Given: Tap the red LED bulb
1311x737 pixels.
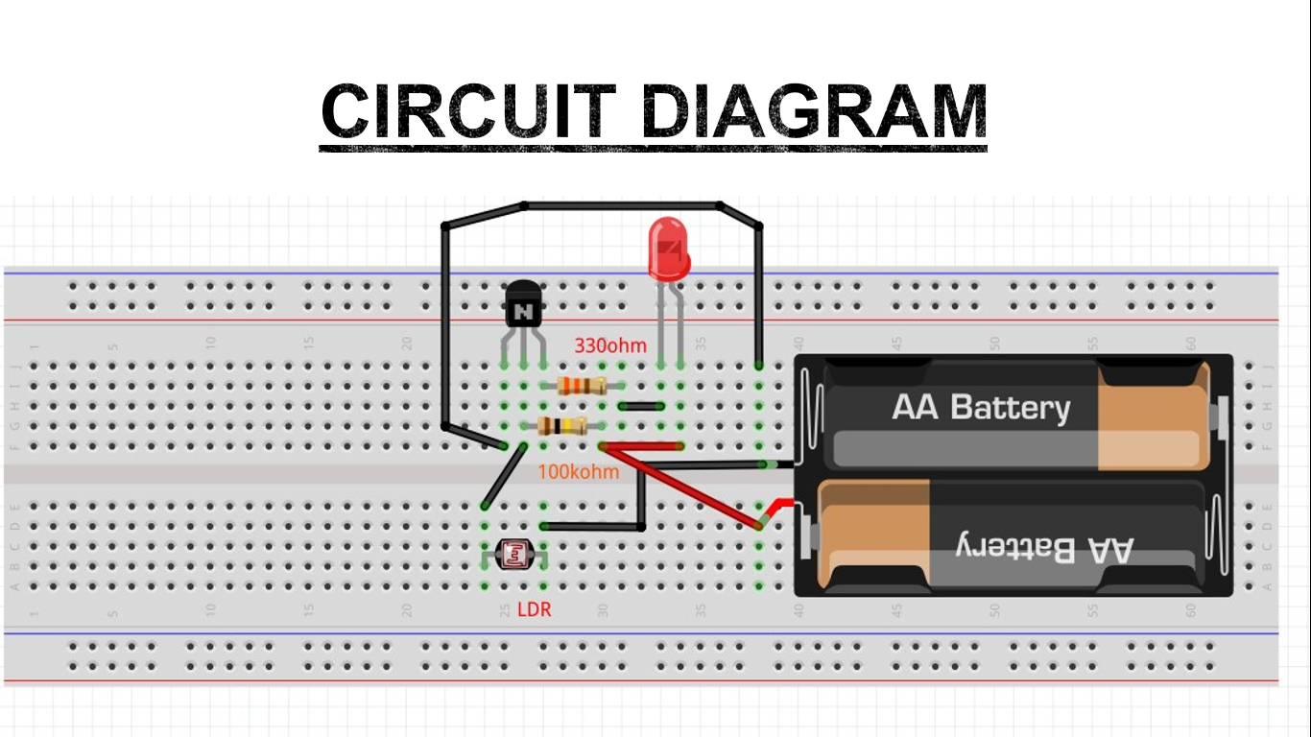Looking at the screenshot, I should pyautogui.click(x=668, y=247).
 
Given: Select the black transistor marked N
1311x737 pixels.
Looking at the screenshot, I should pyautogui.click(x=523, y=306).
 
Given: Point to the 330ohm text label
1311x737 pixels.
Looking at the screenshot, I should pyautogui.click(x=610, y=345).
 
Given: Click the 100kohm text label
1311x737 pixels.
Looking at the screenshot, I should pyautogui.click(x=578, y=472).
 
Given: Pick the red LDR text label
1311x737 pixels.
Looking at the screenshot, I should pyautogui.click(x=534, y=609).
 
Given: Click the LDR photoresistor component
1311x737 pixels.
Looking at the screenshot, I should pyautogui.click(x=514, y=553).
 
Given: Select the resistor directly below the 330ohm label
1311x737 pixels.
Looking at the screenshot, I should pyautogui.click(x=582, y=386).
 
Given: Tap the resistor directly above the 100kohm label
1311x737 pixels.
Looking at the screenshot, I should pyautogui.click(x=562, y=427).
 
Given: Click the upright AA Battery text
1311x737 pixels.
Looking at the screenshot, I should pyautogui.click(x=980, y=408).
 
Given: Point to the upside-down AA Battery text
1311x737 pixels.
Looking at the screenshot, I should pyautogui.click(x=1044, y=548).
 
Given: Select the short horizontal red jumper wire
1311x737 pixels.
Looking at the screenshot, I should pyautogui.click(x=641, y=446).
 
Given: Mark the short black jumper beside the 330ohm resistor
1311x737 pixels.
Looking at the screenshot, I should pyautogui.click(x=641, y=406).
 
